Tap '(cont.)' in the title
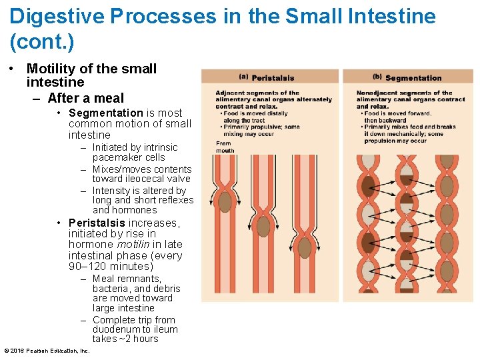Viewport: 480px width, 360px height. click(x=42, y=42)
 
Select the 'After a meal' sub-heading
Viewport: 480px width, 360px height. click(x=85, y=99)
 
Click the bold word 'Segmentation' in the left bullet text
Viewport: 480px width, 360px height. click(x=105, y=113)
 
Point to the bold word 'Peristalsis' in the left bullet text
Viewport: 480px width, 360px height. click(x=97, y=223)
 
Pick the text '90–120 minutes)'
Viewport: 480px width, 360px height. click(x=111, y=267)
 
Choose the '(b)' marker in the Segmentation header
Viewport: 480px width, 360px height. click(x=377, y=77)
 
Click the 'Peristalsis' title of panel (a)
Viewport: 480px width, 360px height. click(x=273, y=78)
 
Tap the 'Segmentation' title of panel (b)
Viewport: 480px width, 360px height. click(x=413, y=78)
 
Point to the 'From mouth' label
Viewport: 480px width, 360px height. click(x=224, y=147)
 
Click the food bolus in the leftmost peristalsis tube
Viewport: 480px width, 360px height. click(x=225, y=201)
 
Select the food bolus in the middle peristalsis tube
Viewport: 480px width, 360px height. click(x=264, y=227)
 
